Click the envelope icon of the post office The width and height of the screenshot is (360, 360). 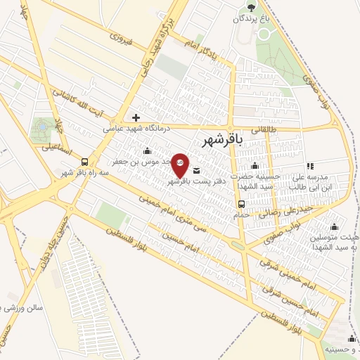[195, 169]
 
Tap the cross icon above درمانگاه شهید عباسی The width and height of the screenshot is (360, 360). [136, 117]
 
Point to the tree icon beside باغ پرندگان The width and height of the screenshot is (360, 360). [251, 7]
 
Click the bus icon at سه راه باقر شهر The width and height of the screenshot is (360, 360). [85, 160]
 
